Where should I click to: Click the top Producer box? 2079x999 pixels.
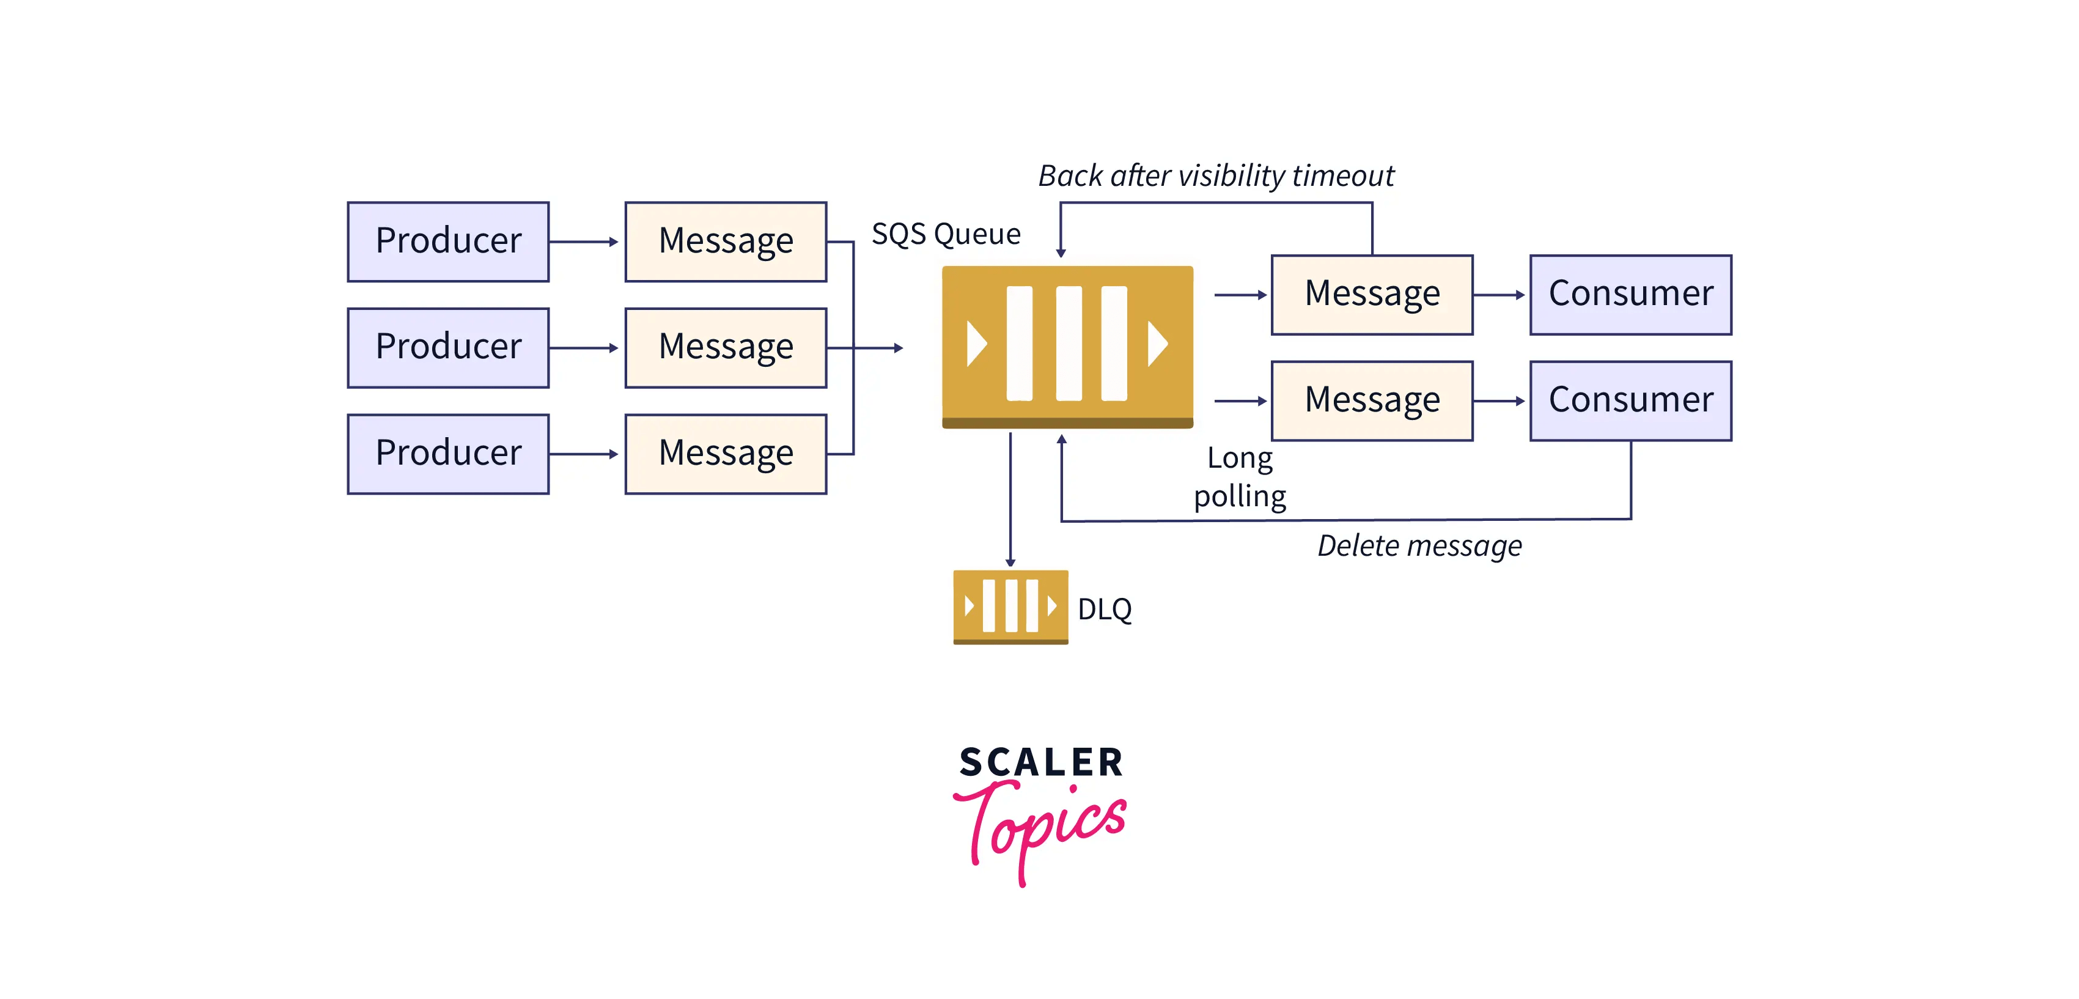point(448,241)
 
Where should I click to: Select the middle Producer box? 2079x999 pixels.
point(448,348)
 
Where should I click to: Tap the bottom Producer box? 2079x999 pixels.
point(448,454)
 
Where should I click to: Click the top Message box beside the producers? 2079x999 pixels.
point(726,241)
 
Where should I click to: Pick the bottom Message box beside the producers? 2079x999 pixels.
point(726,454)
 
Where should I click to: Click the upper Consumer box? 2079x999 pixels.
point(1630,295)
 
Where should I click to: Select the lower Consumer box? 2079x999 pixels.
point(1630,400)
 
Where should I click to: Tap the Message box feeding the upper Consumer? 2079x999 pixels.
point(1372,295)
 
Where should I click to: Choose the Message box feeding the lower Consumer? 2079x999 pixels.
point(1372,400)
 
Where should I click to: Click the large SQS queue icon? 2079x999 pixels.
point(1067,346)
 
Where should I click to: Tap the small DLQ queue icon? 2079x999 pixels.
point(1010,607)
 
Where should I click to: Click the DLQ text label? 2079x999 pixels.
point(1104,610)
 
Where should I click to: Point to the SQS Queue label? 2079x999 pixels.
point(946,234)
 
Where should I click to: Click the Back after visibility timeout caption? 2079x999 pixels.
point(1215,176)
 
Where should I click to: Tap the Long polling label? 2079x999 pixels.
point(1240,477)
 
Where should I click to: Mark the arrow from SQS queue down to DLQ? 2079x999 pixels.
point(1010,500)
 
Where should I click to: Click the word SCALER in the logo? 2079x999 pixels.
point(1041,762)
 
